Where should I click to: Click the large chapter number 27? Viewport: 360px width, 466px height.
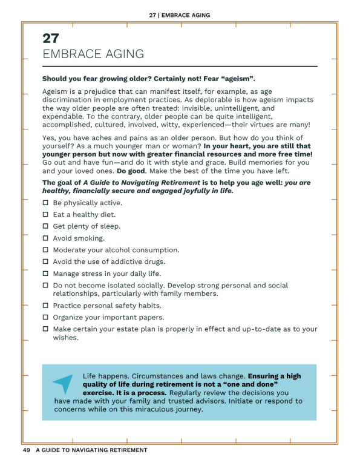coord(51,38)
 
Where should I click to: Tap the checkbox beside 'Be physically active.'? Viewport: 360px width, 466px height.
coord(45,203)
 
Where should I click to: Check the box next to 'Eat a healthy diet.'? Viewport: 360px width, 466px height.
coord(45,215)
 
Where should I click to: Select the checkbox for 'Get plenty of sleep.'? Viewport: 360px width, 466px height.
coord(45,226)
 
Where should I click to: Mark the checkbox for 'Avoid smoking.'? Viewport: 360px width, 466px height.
coord(45,238)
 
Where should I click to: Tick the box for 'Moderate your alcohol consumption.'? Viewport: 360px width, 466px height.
coord(45,250)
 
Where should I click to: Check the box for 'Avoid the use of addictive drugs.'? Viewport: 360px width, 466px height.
coord(45,261)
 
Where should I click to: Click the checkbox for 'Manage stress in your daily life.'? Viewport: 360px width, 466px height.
coord(45,274)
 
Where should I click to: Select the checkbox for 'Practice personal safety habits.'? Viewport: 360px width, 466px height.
coord(45,306)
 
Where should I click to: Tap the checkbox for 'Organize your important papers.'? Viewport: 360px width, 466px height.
coord(45,317)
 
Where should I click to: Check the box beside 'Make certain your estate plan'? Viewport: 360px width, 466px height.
coord(45,329)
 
